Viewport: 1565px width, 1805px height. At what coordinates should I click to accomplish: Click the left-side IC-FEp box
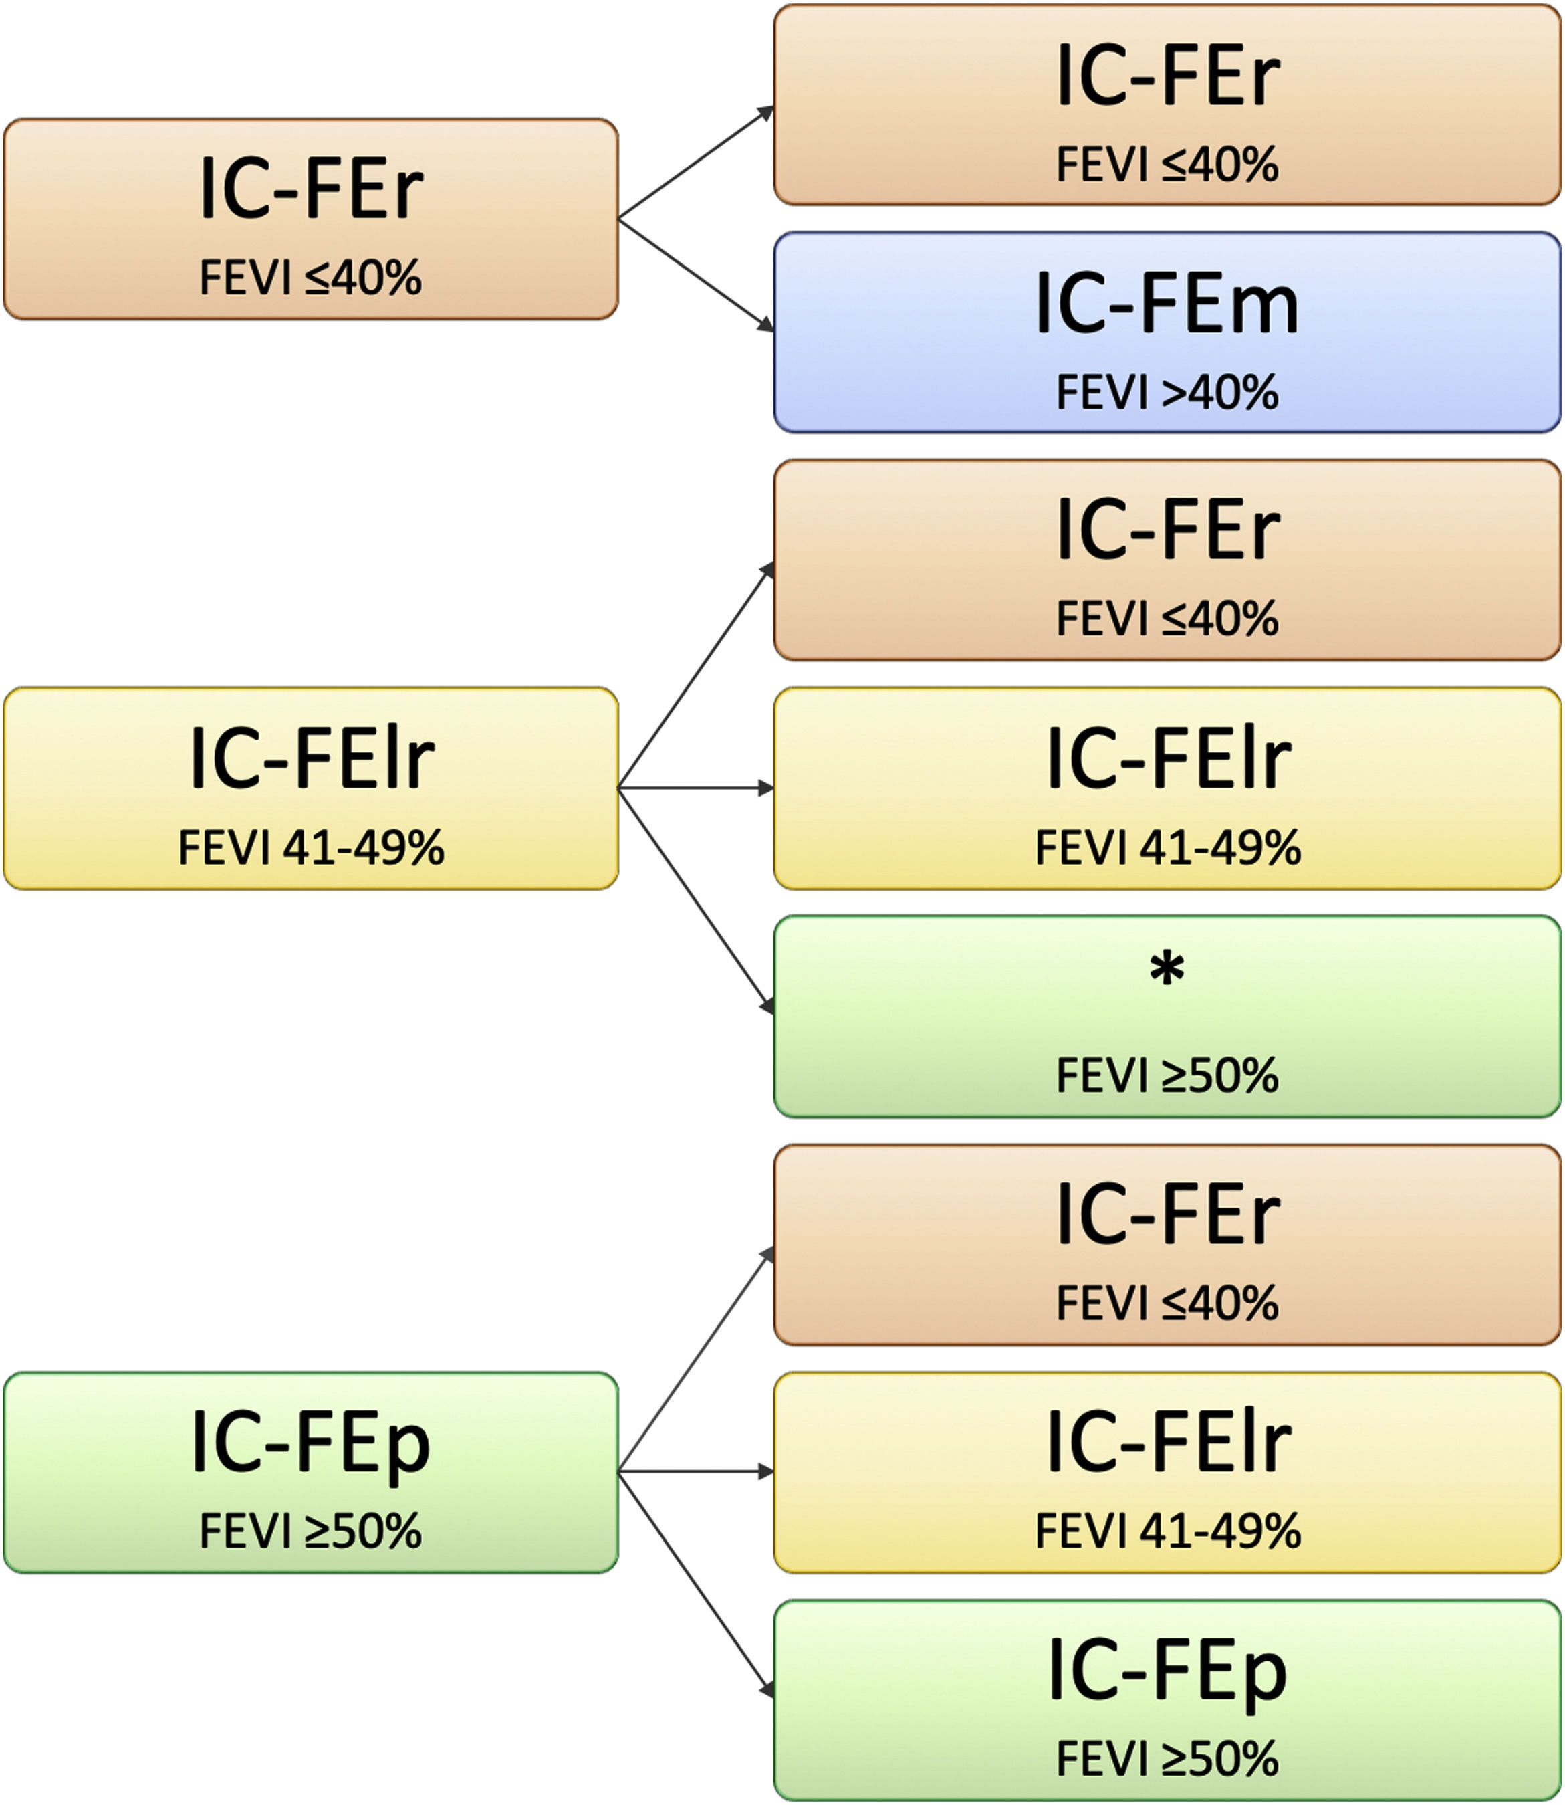[311, 1472]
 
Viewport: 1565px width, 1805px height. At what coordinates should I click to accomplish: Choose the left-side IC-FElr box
[311, 788]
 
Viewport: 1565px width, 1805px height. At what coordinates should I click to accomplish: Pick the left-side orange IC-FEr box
[311, 219]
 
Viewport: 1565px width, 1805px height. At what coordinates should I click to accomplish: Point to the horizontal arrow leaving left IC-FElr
[696, 788]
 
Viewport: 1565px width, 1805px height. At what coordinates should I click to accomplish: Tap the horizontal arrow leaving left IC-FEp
[696, 1472]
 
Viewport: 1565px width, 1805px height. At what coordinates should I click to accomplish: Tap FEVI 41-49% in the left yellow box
[311, 847]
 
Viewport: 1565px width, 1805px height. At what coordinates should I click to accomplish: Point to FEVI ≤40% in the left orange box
[311, 278]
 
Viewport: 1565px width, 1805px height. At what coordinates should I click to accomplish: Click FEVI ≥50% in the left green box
[311, 1531]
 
